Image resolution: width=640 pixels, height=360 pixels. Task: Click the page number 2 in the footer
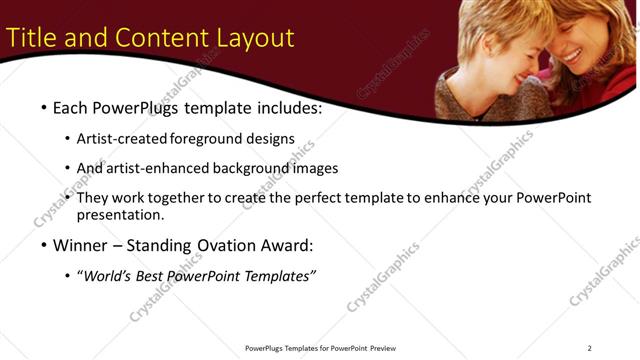coord(589,348)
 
